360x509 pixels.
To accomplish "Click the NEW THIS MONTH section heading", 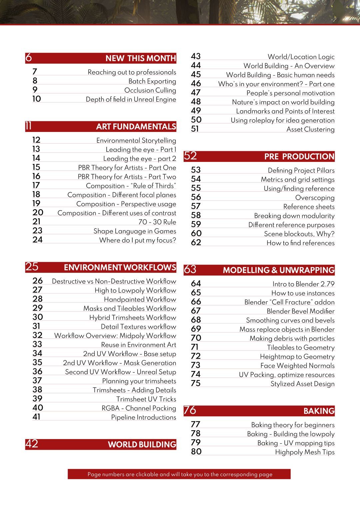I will [141, 58].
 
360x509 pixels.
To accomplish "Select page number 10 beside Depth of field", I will [37, 99].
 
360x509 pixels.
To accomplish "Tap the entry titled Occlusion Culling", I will [150, 90].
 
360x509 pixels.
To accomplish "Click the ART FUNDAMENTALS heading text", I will [136, 127].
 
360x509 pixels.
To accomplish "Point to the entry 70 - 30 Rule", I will [157, 222].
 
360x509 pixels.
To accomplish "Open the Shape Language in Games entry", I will [135, 231].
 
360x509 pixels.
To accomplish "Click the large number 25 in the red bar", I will [32, 267].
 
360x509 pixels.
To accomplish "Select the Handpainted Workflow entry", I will [140, 299].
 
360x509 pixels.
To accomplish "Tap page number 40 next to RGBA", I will [38, 408].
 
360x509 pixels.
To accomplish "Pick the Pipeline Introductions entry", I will [143, 417].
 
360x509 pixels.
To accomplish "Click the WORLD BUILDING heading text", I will [142, 444].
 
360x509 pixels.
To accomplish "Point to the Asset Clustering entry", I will [310, 130].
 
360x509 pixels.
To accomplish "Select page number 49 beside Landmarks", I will [196, 111].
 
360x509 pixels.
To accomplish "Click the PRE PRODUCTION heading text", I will [299, 157].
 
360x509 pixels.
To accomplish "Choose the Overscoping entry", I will [315, 198].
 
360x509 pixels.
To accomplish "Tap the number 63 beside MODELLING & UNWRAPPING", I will [190, 269].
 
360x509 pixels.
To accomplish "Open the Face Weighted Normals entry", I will [297, 366].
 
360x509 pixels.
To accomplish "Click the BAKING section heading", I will [319, 411].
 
